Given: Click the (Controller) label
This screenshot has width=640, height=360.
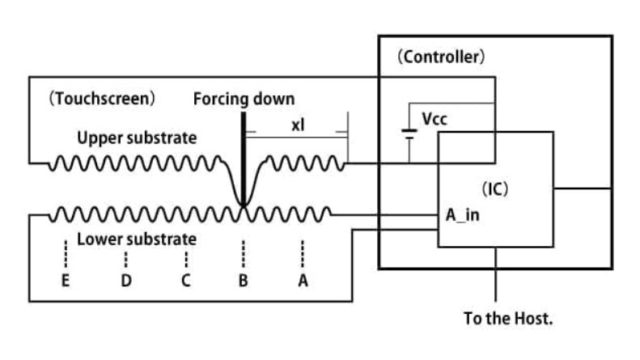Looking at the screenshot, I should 441,57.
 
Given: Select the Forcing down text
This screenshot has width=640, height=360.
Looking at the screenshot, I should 244,100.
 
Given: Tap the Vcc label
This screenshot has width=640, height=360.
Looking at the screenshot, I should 434,119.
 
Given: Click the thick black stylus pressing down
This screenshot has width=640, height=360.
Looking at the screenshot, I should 242,154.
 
